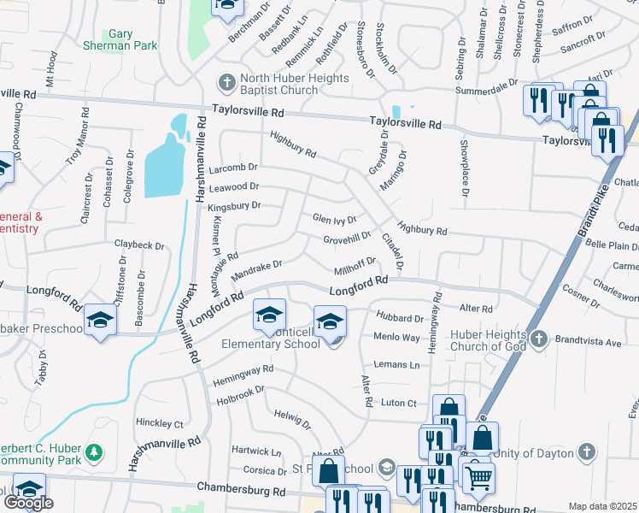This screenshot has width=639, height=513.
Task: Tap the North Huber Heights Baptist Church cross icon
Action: click(x=226, y=83)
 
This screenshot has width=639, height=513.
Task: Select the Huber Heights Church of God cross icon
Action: click(x=538, y=339)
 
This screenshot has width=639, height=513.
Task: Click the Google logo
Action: click(x=28, y=503)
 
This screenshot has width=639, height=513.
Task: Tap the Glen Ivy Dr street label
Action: click(x=334, y=220)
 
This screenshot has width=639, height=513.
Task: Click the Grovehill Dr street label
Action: click(x=347, y=238)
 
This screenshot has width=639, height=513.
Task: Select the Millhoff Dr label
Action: click(x=355, y=264)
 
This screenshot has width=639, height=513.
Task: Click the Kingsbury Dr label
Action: click(x=234, y=206)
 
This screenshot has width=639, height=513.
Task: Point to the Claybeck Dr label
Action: click(x=139, y=245)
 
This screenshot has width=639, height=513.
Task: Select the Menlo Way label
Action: click(x=397, y=338)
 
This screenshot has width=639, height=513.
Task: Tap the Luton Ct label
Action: click(x=399, y=403)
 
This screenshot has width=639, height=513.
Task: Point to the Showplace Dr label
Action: click(x=465, y=168)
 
